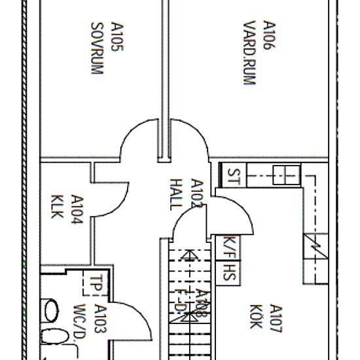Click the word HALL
(x=175, y=194)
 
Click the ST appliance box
(x=234, y=176)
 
